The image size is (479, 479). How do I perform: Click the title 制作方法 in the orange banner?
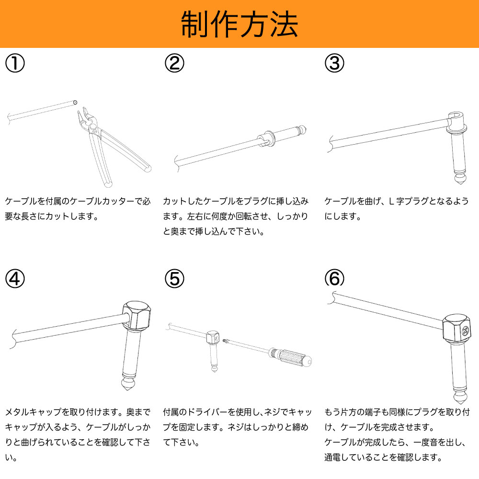click(x=239, y=24)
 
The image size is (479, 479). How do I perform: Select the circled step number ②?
click(x=174, y=63)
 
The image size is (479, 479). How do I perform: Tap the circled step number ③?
click(x=334, y=63)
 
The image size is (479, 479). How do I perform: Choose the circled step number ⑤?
click(x=174, y=278)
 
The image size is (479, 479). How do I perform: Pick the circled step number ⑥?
click(x=334, y=278)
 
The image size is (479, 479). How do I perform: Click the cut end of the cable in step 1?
click(x=75, y=102)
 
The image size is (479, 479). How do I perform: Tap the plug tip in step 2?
click(x=301, y=129)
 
